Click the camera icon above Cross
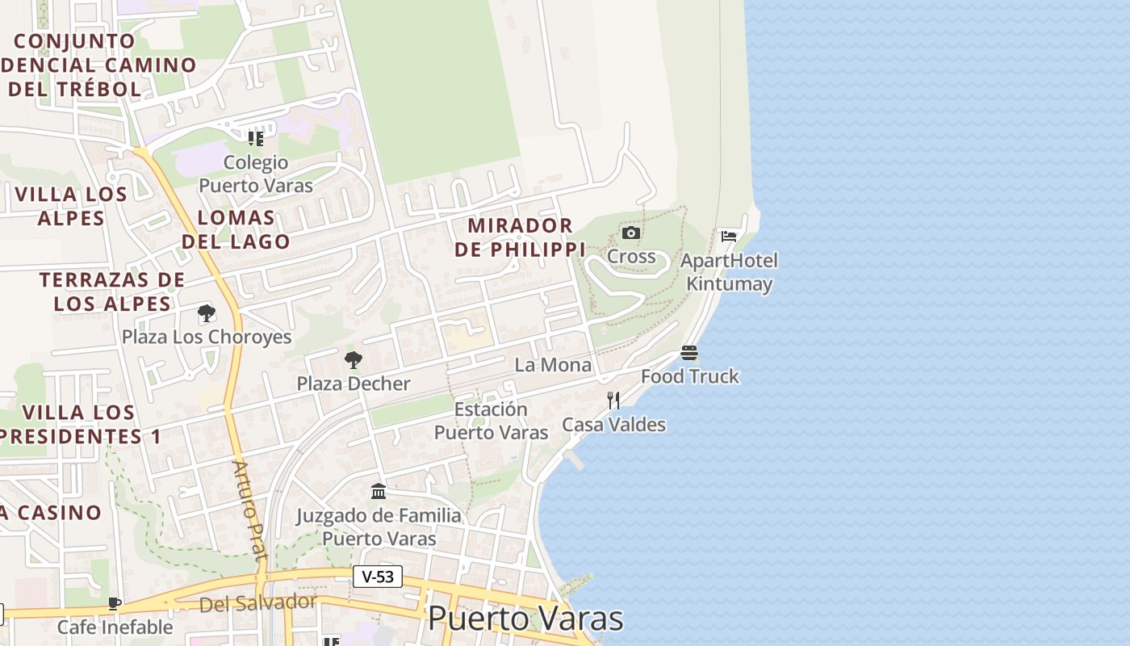(631, 233)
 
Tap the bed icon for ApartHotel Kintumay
(729, 237)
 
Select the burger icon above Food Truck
(689, 353)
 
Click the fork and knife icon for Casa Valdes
(613, 400)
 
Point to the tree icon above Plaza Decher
(353, 360)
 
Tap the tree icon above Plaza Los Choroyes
(206, 313)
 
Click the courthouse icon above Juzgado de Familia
(379, 491)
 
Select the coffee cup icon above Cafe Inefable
(115, 603)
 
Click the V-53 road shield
(378, 577)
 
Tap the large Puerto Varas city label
(525, 619)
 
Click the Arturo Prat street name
(249, 510)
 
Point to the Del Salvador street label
(258, 602)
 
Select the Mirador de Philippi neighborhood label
(520, 237)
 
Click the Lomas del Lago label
(236, 229)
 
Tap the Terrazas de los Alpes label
(112, 292)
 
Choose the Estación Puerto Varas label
(491, 421)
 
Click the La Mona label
(553, 365)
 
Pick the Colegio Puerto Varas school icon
(256, 138)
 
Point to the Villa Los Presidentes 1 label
(80, 425)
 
